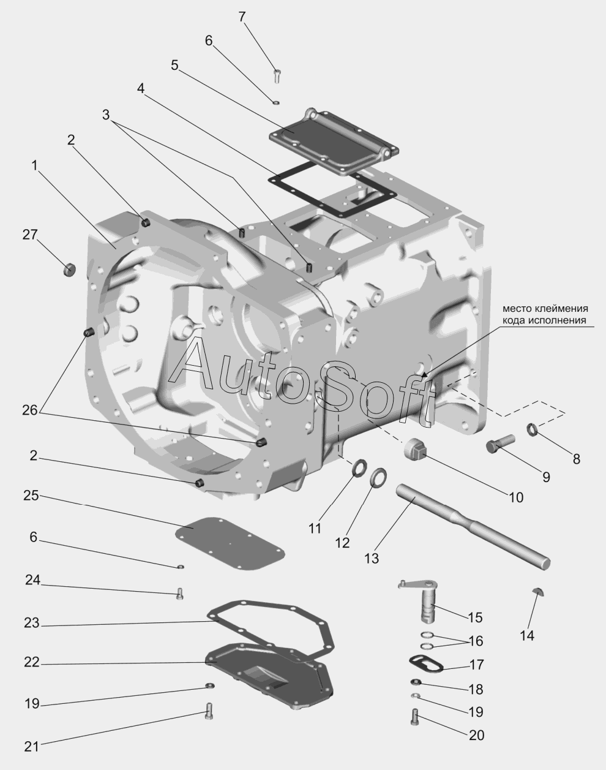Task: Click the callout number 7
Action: (242, 17)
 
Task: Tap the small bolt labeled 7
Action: (276, 76)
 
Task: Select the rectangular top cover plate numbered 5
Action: (334, 141)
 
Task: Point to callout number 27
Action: (30, 235)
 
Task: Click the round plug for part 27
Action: (69, 269)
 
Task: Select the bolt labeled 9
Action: (500, 444)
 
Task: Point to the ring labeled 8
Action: (532, 429)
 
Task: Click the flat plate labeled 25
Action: (230, 544)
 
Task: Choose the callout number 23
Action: (31, 623)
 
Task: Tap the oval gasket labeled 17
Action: (426, 665)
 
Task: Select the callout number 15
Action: (475, 617)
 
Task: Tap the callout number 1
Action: (34, 165)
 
